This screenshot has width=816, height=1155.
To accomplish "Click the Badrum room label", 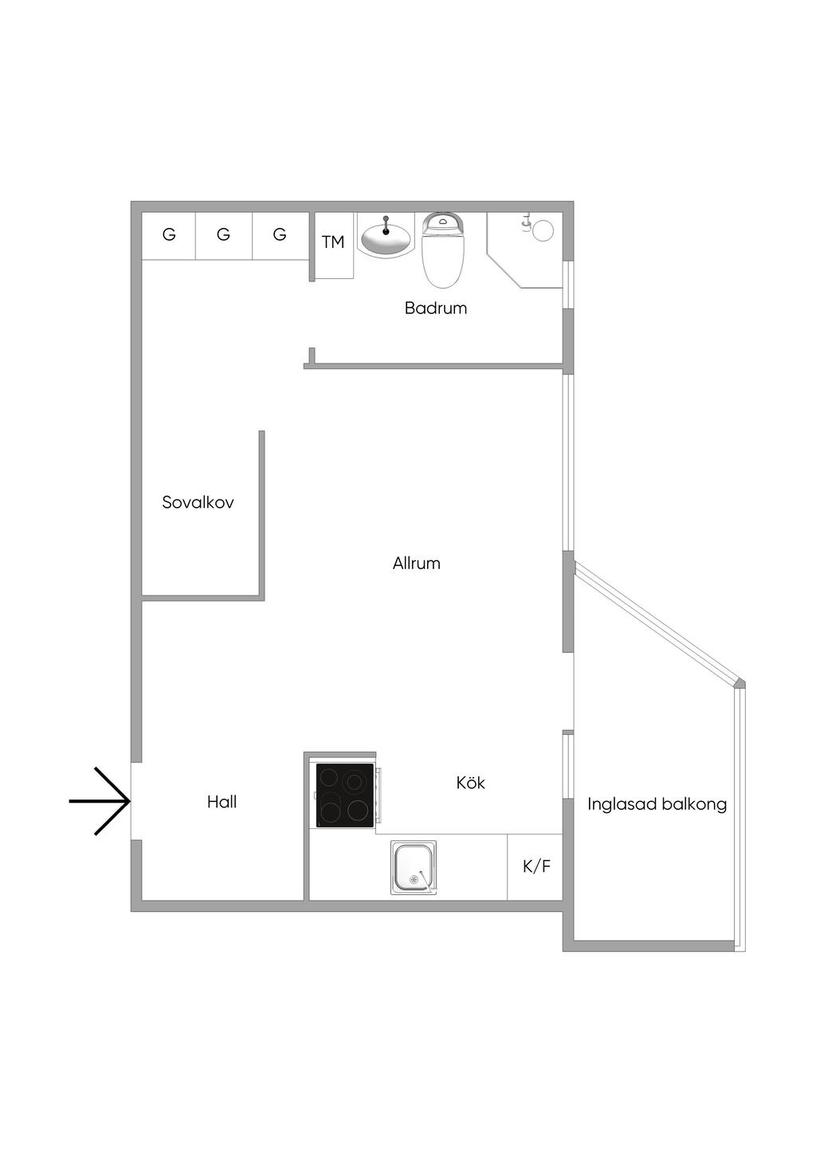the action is pyautogui.click(x=436, y=308).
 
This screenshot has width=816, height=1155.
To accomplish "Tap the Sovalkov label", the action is pyautogui.click(x=198, y=502).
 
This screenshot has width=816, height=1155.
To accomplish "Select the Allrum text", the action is pyautogui.click(x=417, y=563).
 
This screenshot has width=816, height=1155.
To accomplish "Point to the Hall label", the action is pyautogui.click(x=222, y=802).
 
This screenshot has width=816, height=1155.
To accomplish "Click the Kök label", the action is pyautogui.click(x=471, y=783).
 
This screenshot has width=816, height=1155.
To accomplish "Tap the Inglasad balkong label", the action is pyautogui.click(x=657, y=804).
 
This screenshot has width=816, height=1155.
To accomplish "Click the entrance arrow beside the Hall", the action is pyautogui.click(x=100, y=801).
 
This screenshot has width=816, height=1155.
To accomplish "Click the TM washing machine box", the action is pyautogui.click(x=334, y=246).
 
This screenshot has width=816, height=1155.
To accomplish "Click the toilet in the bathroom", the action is pyautogui.click(x=443, y=250).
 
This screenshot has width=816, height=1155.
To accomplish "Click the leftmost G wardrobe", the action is pyautogui.click(x=169, y=236).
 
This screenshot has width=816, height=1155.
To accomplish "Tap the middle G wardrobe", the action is pyautogui.click(x=224, y=236).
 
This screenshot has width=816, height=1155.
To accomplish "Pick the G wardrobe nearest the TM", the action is pyautogui.click(x=280, y=236).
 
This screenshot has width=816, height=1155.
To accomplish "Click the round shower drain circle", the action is pyautogui.click(x=543, y=230).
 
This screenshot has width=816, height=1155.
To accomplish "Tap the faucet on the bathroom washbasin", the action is pyautogui.click(x=386, y=226).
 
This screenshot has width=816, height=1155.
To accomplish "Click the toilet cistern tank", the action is pyautogui.click(x=443, y=222).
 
